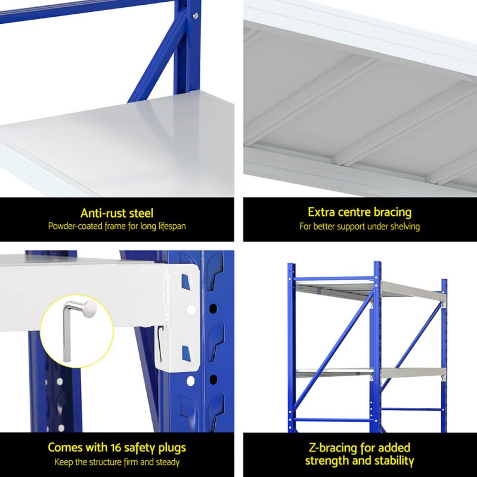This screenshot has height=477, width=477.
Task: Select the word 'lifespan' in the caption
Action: [172, 227]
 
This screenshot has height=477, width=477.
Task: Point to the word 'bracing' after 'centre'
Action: [392, 212]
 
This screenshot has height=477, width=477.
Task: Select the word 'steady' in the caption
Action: [168, 463]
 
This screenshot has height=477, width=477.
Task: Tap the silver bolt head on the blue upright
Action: [196, 16]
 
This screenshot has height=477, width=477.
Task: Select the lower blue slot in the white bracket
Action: [186, 353]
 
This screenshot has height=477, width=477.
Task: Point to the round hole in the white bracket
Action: [191, 310]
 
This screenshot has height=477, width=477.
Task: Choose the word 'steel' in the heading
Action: [141, 213]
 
